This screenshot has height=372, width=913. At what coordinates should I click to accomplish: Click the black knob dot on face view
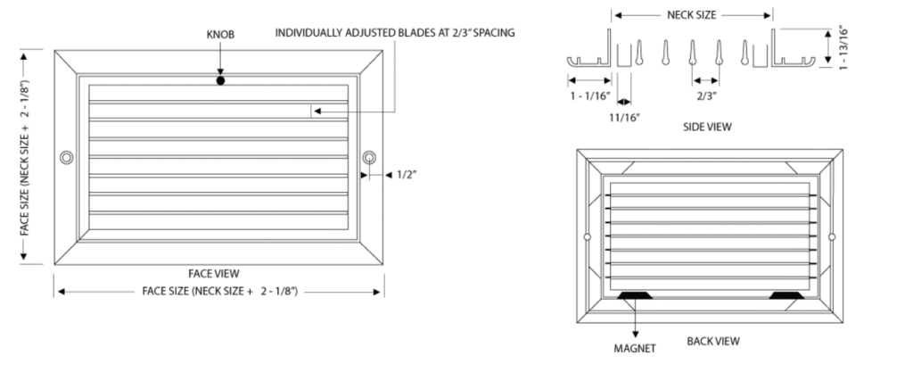click(x=220, y=81)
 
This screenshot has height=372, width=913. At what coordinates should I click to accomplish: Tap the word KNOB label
click(x=220, y=34)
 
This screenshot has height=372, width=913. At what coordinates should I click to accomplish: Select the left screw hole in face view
click(x=66, y=157)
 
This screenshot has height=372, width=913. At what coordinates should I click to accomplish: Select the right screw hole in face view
click(x=369, y=157)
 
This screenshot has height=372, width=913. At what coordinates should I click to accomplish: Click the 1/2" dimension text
click(x=407, y=176)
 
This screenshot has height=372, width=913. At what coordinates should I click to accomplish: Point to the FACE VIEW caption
click(x=214, y=273)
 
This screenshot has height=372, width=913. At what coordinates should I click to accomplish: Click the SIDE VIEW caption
click(x=707, y=128)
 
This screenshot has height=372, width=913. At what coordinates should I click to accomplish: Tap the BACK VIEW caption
click(x=712, y=341)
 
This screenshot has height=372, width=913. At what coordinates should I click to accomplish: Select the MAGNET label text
click(x=636, y=347)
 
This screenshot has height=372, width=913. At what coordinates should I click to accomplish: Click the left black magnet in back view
click(x=634, y=294)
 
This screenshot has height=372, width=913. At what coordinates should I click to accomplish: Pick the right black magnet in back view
click(x=786, y=294)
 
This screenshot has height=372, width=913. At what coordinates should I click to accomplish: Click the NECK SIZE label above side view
click(x=692, y=15)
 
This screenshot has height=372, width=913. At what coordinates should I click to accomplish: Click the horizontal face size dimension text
click(x=219, y=291)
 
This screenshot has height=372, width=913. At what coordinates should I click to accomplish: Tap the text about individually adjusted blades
click(x=394, y=33)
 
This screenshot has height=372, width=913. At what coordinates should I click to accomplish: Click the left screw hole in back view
click(x=587, y=236)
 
